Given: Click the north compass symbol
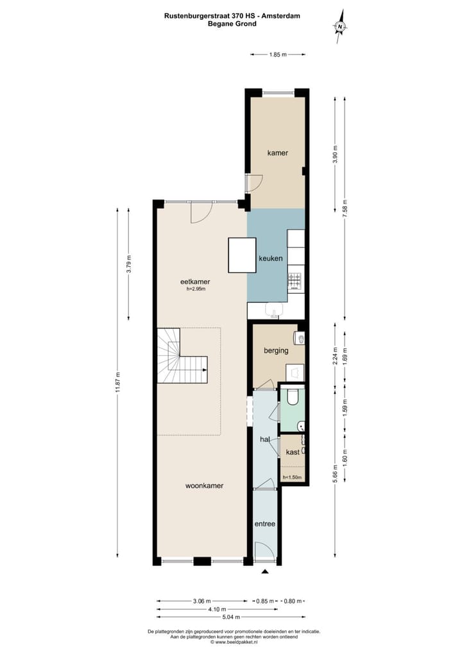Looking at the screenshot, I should (341, 26).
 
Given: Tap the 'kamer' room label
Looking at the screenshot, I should (277, 153).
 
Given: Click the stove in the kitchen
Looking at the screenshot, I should (295, 280).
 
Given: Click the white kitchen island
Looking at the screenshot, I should (242, 255).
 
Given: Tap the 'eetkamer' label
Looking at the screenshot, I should (195, 282).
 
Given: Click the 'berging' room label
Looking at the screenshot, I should (276, 351).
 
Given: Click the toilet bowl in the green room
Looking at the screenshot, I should (293, 398).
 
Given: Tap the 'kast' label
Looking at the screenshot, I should (293, 452).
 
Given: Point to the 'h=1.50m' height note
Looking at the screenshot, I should (293, 477).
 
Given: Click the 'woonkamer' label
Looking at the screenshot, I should (204, 486).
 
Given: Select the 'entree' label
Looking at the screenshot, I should (264, 524).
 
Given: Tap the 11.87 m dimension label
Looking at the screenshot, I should (118, 383).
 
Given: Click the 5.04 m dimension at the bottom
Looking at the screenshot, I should (230, 617).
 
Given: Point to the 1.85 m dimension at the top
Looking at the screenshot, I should (277, 55).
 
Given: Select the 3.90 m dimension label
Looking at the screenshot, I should (334, 155).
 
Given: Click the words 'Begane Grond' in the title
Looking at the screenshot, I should (232, 24).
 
